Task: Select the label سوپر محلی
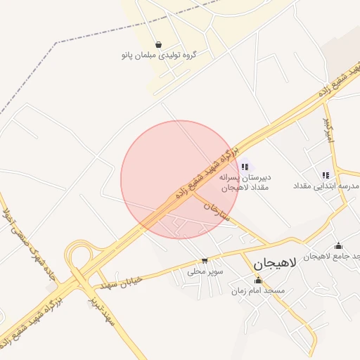(205, 271)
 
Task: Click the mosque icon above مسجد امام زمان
(257, 281)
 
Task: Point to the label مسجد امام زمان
(259, 290)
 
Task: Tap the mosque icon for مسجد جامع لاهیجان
(339, 246)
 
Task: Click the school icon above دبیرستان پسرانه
(244, 167)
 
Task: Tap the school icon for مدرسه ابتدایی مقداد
(325, 175)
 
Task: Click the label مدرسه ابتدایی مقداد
(328, 186)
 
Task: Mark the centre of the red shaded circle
(179, 179)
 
